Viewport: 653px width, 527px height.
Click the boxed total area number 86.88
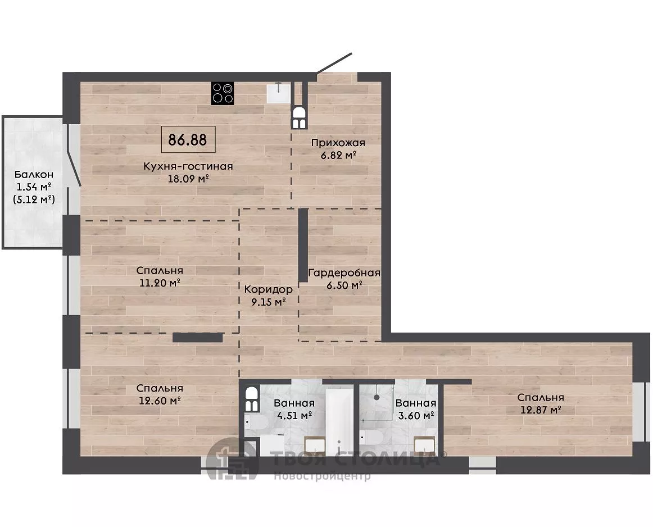click(x=188, y=140)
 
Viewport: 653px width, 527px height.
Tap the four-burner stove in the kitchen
click(x=222, y=93)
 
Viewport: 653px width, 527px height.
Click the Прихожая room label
click(x=338, y=143)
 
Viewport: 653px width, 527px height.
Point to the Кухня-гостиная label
click(x=188, y=166)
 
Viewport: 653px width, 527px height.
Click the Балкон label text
click(x=34, y=174)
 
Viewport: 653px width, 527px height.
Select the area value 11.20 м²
click(x=160, y=283)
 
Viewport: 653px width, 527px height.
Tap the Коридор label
click(x=268, y=289)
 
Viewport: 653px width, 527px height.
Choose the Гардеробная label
click(x=344, y=273)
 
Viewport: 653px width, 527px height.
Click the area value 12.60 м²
click(x=160, y=401)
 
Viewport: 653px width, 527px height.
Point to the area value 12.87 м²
click(x=541, y=410)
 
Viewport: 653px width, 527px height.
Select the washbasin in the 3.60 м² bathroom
click(x=424, y=445)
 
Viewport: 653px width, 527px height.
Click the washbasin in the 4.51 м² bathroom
click(x=315, y=446)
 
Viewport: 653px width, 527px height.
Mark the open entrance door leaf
click(x=334, y=63)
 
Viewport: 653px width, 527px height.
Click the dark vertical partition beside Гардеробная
click(x=303, y=245)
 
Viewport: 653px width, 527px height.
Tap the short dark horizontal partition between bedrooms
click(x=198, y=338)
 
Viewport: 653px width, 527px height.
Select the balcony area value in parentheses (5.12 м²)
click(x=34, y=199)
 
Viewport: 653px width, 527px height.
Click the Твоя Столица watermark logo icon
click(x=232, y=458)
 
